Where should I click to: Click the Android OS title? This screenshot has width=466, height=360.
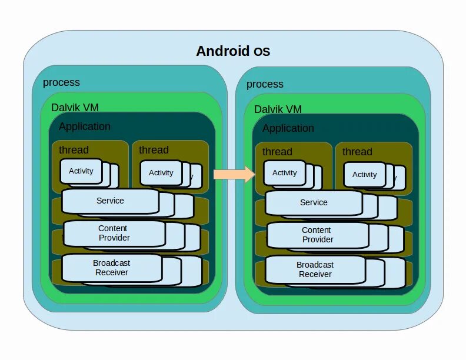233,51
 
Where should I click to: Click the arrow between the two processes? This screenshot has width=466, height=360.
234,174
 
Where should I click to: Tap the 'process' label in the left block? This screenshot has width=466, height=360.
61,82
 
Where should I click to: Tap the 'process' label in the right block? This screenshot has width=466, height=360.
265,84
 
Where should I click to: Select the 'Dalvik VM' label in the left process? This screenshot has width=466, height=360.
75,108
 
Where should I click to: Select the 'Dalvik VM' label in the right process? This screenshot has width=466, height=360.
278,109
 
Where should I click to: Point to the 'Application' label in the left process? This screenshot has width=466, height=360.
85,126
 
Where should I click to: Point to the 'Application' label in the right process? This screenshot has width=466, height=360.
288,128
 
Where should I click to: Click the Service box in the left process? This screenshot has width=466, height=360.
110,201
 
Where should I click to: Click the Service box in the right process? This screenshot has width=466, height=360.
314,203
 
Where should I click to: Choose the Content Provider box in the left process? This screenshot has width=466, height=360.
114,233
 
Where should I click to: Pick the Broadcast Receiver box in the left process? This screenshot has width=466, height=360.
112,268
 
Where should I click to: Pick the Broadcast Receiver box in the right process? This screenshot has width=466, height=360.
315,269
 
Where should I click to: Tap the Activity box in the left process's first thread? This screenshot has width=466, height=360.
81,171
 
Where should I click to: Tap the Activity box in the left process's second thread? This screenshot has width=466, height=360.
161,173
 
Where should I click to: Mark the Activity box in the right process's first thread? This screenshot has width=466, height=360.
285,173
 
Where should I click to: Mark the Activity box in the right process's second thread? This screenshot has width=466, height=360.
364,175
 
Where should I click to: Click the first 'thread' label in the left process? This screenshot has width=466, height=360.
74,150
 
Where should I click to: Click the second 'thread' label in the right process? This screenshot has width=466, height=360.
357,152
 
